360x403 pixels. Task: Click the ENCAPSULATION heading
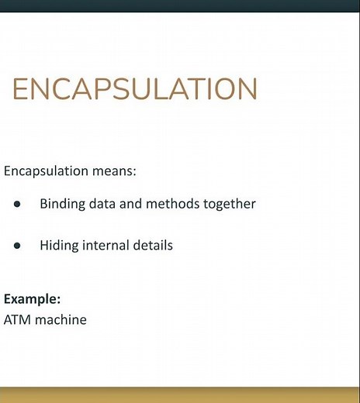pyautogui.click(x=134, y=90)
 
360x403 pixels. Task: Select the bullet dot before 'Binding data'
pyautogui.click(x=17, y=205)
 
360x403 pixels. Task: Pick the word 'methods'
pyautogui.click(x=172, y=205)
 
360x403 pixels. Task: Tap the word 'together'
pyautogui.click(x=229, y=205)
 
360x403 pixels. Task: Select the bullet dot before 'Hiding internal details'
pyautogui.click(x=17, y=246)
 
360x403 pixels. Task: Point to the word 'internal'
pyautogui.click(x=105, y=246)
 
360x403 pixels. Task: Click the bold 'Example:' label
pyautogui.click(x=33, y=299)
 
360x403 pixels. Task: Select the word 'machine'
pyautogui.click(x=61, y=319)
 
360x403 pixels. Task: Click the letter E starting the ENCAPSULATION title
pyautogui.click(x=20, y=90)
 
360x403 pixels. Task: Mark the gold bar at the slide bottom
pyautogui.click(x=180, y=394)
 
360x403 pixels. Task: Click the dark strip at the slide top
pyautogui.click(x=180, y=6)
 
